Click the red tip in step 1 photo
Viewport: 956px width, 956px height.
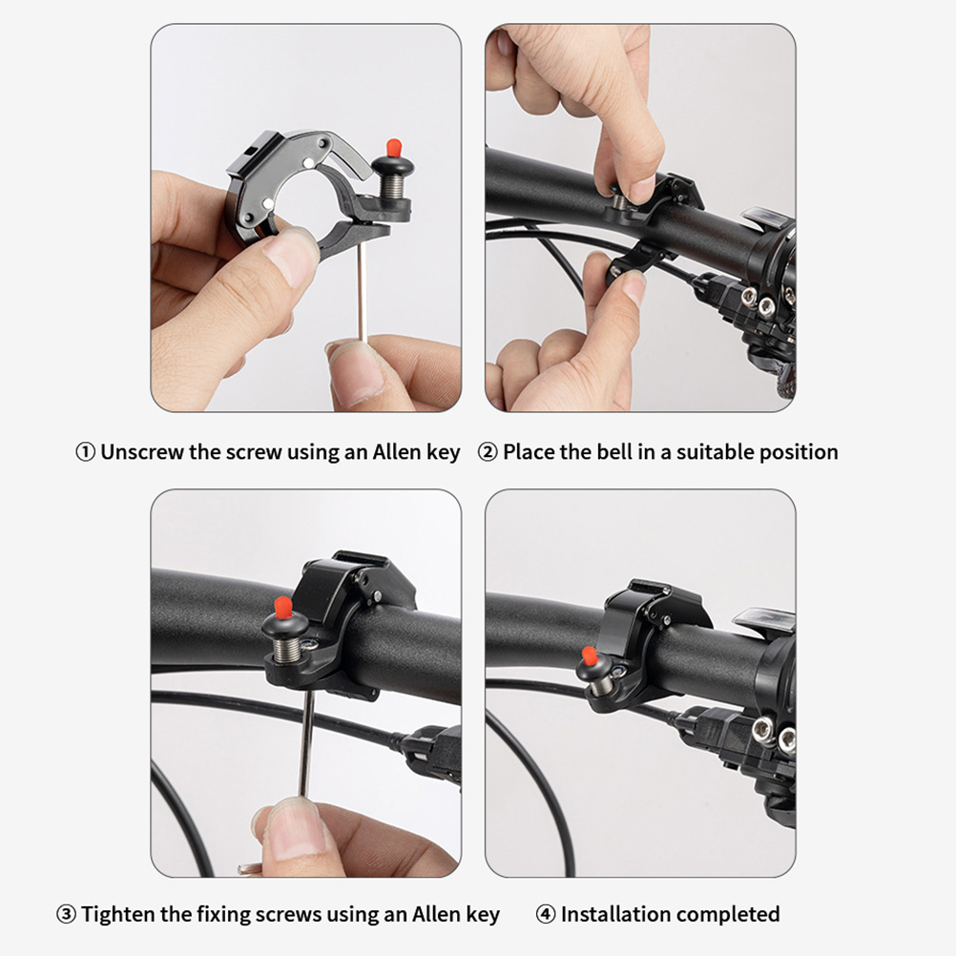[x=394, y=148]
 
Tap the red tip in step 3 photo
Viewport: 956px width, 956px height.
[x=283, y=607]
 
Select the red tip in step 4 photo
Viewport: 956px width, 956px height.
[x=589, y=656]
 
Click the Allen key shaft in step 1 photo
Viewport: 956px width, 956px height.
[x=362, y=290]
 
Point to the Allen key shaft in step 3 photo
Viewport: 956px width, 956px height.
[x=307, y=744]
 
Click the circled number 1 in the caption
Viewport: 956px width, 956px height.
[x=85, y=452]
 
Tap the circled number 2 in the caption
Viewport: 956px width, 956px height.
[x=488, y=452]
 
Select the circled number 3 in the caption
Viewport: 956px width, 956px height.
[x=67, y=915]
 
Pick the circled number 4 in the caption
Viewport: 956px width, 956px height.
[x=546, y=915]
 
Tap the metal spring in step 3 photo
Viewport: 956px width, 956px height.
[x=284, y=649]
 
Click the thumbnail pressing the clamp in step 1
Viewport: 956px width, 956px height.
[x=290, y=257]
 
